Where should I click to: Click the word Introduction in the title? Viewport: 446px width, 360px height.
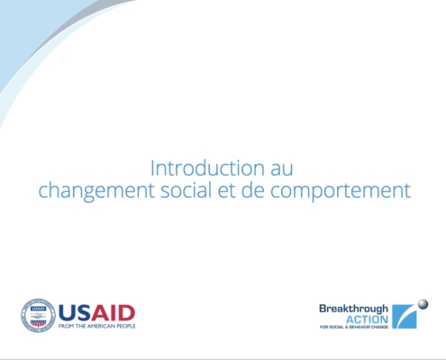click(x=207, y=168)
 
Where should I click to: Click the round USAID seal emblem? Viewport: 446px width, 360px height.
click(x=38, y=315)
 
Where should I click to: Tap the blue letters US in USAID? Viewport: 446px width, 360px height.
click(x=75, y=313)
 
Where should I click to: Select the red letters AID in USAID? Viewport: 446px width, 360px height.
click(x=113, y=313)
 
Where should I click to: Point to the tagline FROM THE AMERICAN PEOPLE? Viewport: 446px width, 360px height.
click(x=97, y=326)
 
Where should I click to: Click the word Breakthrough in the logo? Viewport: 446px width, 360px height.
click(x=353, y=309)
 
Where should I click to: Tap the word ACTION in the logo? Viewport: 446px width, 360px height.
click(x=367, y=319)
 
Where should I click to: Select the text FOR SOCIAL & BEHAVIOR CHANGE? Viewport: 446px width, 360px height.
click(x=354, y=327)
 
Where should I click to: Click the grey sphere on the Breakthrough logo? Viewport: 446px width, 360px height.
click(x=423, y=304)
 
